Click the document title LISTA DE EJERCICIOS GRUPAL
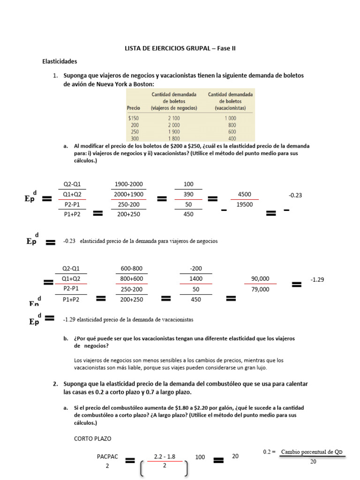[180, 48]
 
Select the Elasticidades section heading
[60, 61]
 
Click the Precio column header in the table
[134, 108]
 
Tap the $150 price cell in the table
[134, 119]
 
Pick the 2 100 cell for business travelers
[174, 119]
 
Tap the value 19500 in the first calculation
[245, 204]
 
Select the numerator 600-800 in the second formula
[131, 269]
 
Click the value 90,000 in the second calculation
[260, 279]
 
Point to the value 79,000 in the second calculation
[260, 289]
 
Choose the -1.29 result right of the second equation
[317, 279]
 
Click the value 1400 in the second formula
[196, 279]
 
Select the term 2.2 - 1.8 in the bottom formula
[164, 456]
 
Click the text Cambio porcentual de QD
[312, 452]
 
